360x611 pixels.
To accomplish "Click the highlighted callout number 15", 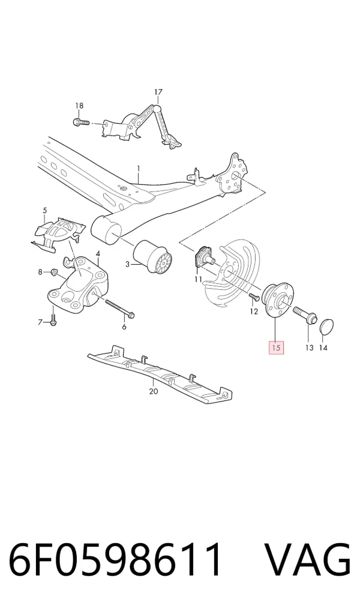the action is (276, 348).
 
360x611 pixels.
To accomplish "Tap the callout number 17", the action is (158, 92).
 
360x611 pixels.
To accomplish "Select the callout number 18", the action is (79, 106).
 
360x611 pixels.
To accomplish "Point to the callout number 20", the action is (154, 391).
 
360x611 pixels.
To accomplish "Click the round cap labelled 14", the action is (326, 327).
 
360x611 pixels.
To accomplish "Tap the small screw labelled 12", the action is (254, 297).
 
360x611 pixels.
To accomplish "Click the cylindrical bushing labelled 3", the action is (153, 257).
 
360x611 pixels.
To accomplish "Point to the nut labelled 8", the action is (54, 272).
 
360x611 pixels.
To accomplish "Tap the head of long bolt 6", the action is (131, 314).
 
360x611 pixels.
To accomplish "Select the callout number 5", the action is (44, 211).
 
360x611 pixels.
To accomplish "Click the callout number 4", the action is (98, 254).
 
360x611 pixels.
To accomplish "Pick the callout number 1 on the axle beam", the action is (138, 168).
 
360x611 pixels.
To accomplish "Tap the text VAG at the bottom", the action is (308, 560).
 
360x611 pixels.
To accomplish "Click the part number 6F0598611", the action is (115, 560).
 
